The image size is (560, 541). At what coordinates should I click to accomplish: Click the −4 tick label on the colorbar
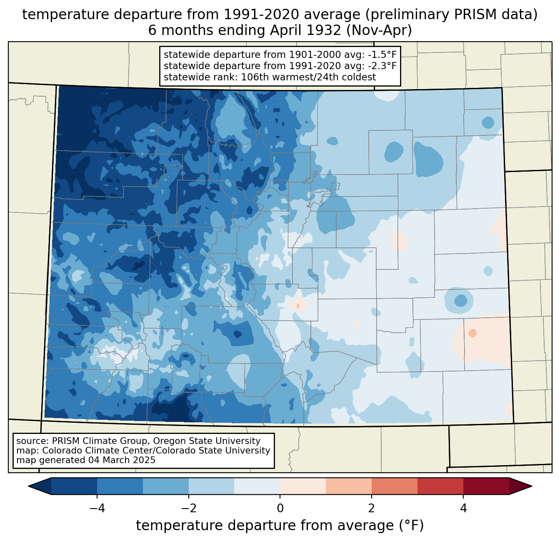click(x=97, y=508)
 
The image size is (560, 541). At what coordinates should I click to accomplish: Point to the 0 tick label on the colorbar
click(x=280, y=508)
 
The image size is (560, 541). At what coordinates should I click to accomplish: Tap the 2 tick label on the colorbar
click(x=372, y=508)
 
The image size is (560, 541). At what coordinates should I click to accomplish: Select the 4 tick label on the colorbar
click(x=463, y=508)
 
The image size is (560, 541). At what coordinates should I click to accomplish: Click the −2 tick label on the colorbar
click(x=188, y=508)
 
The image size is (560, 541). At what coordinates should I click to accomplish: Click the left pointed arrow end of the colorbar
click(x=40, y=486)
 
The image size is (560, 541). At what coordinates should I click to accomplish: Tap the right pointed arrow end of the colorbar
click(x=520, y=486)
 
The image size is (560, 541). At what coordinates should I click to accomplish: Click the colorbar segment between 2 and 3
click(x=394, y=486)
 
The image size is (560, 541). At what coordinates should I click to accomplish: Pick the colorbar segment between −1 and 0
click(x=257, y=486)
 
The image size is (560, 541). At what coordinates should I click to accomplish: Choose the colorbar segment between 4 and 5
click(x=486, y=486)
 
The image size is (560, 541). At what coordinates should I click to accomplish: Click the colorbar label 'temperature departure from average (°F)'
click(x=280, y=525)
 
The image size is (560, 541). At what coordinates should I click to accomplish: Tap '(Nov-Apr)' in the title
click(x=379, y=30)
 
